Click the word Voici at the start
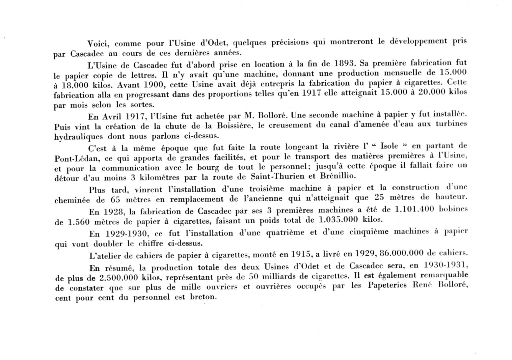(98, 44)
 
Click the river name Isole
(389, 146)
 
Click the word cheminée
(72, 200)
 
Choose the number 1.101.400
(414, 209)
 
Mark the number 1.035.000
(338, 220)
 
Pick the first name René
(423, 285)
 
